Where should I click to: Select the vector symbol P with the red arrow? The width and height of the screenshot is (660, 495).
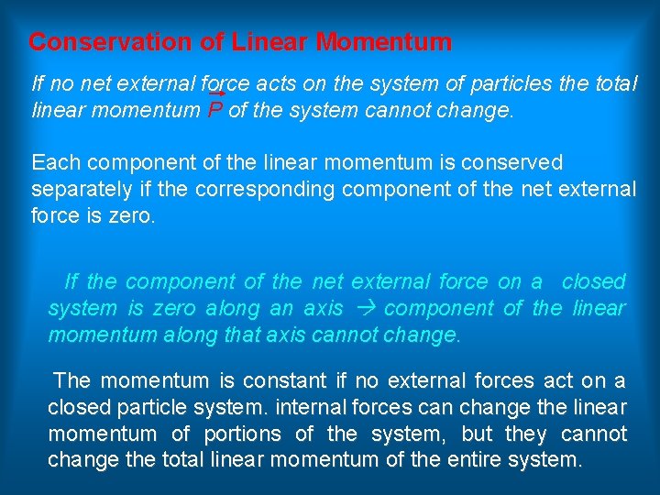tap(215, 110)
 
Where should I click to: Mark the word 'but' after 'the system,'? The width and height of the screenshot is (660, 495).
tap(463, 433)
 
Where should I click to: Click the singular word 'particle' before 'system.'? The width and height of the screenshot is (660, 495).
tap(150, 406)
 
